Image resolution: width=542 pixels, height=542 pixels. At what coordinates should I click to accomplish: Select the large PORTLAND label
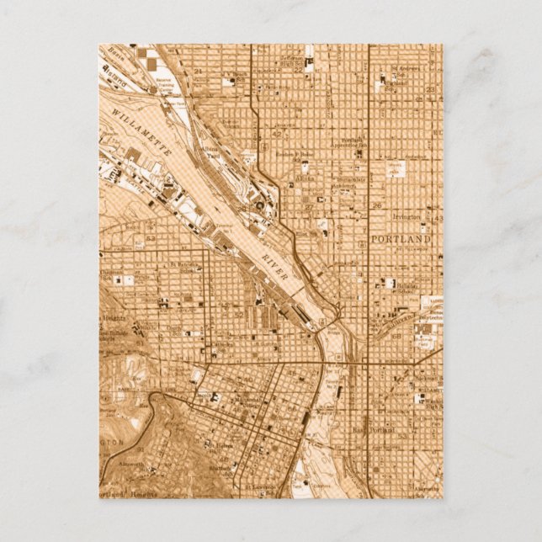[401, 240]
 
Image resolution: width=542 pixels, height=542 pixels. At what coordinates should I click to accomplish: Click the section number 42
[276, 132]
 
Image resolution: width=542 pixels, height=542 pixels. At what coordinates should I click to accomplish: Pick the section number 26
[377, 205]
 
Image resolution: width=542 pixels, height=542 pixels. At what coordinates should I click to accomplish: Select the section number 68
[396, 337]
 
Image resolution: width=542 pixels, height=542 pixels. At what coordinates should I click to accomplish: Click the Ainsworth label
[132, 464]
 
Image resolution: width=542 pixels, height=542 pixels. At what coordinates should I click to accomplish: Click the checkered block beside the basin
[148, 58]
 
